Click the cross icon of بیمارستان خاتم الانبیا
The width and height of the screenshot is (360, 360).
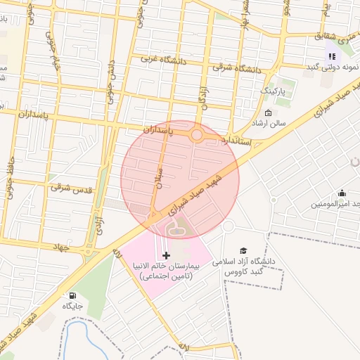[x=166, y=255]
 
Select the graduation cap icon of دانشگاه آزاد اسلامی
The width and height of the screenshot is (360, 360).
[x=243, y=250]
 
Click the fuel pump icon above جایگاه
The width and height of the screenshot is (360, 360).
[x=72, y=295]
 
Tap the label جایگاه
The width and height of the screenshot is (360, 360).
[x=72, y=307]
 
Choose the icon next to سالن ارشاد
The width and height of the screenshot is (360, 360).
[x=268, y=113]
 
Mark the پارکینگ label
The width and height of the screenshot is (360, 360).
[x=274, y=91]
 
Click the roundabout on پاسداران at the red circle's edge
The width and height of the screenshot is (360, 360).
[x=198, y=135]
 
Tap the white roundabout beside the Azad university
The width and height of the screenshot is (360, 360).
[x=228, y=226]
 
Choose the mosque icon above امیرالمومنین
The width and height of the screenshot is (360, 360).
[x=342, y=193]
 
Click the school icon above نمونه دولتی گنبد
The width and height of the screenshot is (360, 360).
[x=331, y=56]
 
